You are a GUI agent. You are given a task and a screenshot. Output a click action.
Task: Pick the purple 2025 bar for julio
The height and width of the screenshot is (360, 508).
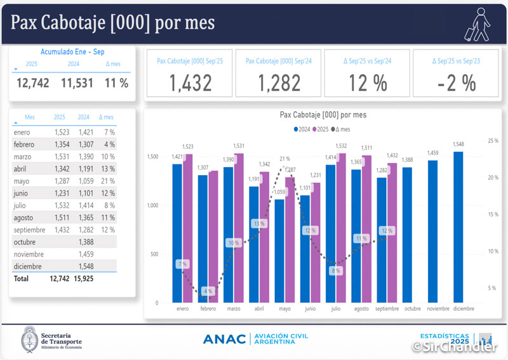pos(342,229)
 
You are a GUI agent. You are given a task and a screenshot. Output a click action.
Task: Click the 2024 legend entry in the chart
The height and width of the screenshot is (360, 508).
pos(302,129)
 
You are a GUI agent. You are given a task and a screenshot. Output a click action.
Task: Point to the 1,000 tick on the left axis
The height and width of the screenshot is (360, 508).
pos(152,205)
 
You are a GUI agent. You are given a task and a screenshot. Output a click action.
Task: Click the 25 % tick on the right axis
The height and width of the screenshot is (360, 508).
pos(493,140)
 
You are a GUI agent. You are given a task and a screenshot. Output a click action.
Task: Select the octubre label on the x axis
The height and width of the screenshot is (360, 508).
pos(412,309)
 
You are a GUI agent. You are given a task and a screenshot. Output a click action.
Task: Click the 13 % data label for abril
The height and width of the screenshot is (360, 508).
pos(259,223)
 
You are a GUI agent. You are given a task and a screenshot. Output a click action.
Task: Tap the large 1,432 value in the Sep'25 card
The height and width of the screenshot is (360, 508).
pos(190,83)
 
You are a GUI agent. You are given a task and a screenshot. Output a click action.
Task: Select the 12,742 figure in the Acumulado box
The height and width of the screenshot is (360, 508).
pos(32,83)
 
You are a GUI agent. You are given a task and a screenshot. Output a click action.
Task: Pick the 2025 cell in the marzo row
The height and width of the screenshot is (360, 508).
pos(59,156)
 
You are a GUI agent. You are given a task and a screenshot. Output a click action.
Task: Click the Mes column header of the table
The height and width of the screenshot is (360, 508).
pos(30,117)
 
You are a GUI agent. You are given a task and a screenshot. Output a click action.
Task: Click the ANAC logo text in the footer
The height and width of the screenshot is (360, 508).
pos(224,339)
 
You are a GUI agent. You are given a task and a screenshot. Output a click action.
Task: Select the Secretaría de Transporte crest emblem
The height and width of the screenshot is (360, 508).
pos(29,338)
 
